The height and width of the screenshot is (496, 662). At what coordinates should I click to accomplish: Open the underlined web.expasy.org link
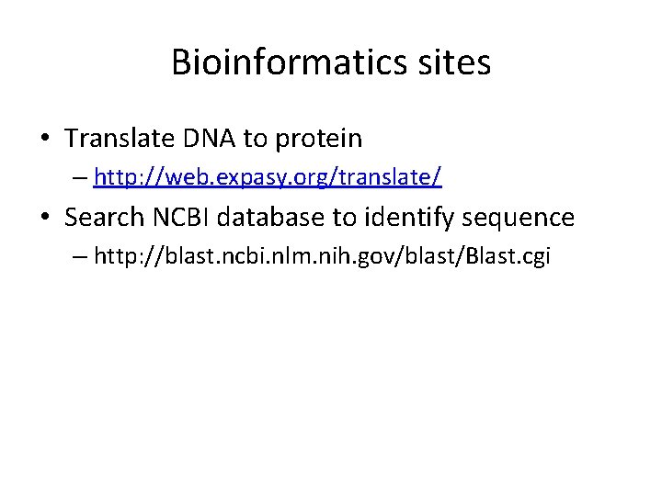pyautogui.click(x=268, y=178)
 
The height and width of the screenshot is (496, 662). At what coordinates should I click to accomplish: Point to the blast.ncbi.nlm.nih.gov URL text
pyautogui.click(x=322, y=257)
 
